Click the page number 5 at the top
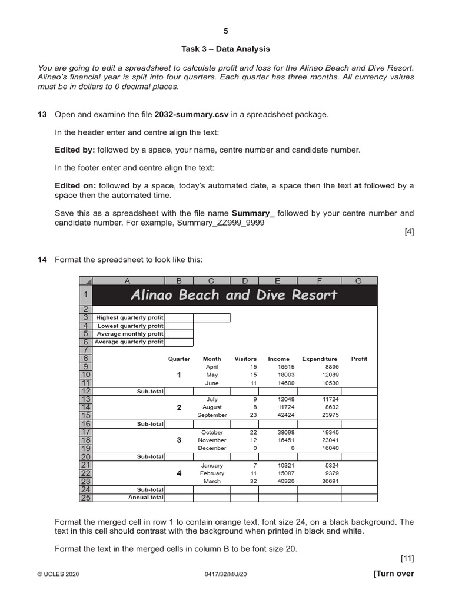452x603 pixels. coord(225,31)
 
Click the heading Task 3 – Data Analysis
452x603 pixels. coord(225,49)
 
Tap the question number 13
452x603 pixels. coord(42,114)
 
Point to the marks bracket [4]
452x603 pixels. coord(409,231)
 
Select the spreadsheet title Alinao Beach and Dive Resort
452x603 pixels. coord(234,294)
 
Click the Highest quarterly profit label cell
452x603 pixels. coord(129,317)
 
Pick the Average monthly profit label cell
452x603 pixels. coord(130,334)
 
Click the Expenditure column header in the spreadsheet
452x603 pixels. coord(320,359)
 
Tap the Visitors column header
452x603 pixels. coord(245,359)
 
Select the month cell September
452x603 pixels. coord(212,415)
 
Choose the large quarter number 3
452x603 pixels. coord(179,440)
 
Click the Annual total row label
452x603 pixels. coord(146,498)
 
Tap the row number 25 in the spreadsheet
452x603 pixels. coord(85,498)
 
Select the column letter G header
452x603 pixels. coord(358,281)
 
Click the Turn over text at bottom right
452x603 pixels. coord(394,574)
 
